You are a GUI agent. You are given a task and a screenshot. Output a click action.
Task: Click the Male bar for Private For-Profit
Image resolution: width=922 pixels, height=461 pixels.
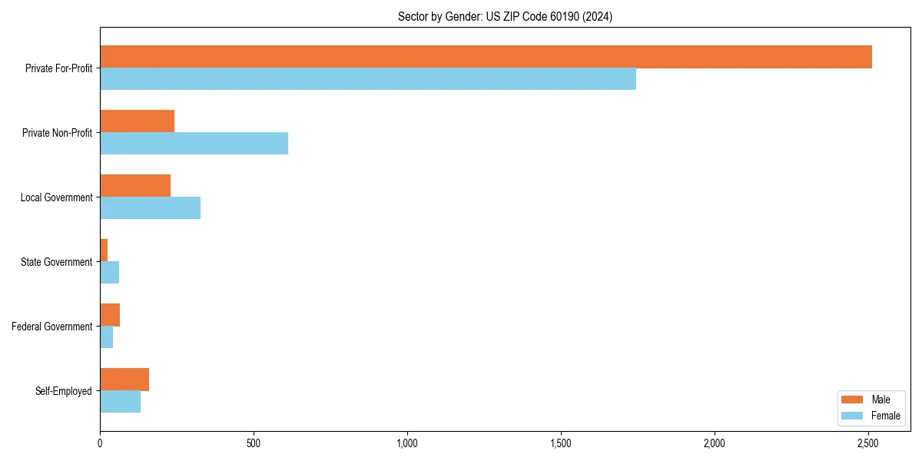486,57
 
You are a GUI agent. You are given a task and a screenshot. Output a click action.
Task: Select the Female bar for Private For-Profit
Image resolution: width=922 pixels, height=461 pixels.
368,79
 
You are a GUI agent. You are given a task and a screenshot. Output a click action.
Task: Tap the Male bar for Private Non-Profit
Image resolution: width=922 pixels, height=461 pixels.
137,121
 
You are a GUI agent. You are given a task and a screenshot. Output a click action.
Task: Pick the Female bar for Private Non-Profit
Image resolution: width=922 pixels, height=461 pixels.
194,144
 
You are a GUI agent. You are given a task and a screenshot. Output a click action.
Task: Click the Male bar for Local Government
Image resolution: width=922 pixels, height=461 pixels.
135,186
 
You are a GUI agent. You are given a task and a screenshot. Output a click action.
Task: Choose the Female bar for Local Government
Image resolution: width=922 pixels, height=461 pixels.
150,208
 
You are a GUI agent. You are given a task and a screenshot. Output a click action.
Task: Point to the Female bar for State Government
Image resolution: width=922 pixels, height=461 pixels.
109,273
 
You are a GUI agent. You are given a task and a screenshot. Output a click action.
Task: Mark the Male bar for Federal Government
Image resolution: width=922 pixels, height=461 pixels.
110,315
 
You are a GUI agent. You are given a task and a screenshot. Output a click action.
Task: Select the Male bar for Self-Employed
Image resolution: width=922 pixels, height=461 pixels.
124,380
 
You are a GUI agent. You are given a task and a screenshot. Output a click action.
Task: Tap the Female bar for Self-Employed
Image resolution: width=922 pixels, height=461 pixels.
120,402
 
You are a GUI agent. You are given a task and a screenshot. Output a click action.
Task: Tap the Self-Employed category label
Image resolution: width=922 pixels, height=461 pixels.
64,391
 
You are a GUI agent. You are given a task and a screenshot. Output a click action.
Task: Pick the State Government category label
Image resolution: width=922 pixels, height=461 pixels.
57,262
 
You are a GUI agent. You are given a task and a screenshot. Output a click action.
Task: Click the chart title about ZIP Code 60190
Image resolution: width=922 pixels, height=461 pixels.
505,16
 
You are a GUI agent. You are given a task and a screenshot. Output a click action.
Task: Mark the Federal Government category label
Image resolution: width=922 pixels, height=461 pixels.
52,327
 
